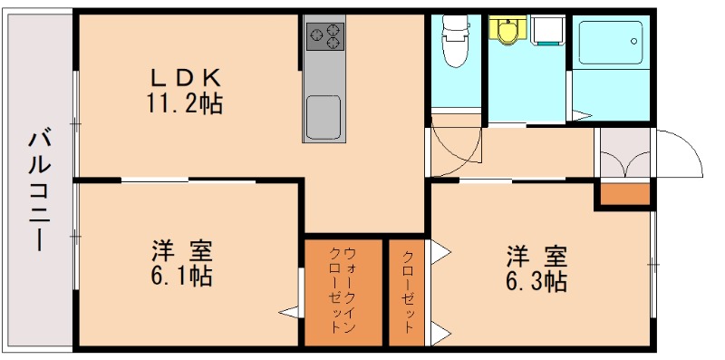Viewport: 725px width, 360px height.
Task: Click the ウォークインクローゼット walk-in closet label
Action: click(x=343, y=291)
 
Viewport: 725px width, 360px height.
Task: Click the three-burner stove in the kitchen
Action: click(x=325, y=36)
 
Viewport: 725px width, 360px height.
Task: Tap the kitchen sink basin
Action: click(x=324, y=116)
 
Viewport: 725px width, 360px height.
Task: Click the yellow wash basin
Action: click(x=506, y=31)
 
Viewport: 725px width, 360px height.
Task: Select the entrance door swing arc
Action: click(x=680, y=154)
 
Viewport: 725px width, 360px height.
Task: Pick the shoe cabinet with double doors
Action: click(x=623, y=155)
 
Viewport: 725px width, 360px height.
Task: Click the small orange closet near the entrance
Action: click(x=623, y=194)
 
